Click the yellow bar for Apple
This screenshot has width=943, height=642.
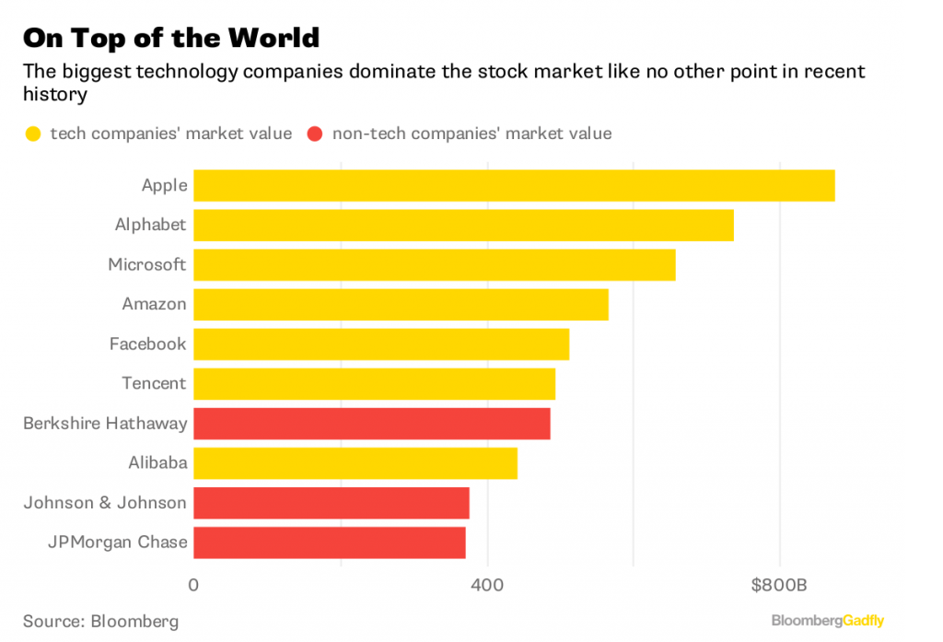click(514, 185)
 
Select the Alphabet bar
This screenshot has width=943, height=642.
click(463, 225)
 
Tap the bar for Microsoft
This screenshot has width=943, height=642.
click(434, 264)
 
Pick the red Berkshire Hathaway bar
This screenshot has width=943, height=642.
click(371, 424)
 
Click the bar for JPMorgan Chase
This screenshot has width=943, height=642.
click(329, 543)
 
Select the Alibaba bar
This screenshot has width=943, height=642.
click(355, 463)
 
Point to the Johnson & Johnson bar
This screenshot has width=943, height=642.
click(331, 503)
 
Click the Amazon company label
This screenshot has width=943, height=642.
click(154, 304)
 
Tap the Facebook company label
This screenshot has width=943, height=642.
click(147, 344)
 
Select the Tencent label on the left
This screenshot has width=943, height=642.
click(154, 383)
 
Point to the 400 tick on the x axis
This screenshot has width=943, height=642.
click(486, 584)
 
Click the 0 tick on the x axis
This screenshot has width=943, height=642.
click(193, 584)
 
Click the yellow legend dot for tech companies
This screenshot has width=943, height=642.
click(33, 134)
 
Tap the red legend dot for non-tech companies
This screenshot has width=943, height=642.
click(315, 134)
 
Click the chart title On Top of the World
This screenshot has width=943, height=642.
click(171, 38)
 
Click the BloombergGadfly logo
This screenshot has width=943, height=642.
click(827, 621)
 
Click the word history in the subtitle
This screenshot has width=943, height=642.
click(54, 95)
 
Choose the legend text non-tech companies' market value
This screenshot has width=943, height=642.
click(471, 134)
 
